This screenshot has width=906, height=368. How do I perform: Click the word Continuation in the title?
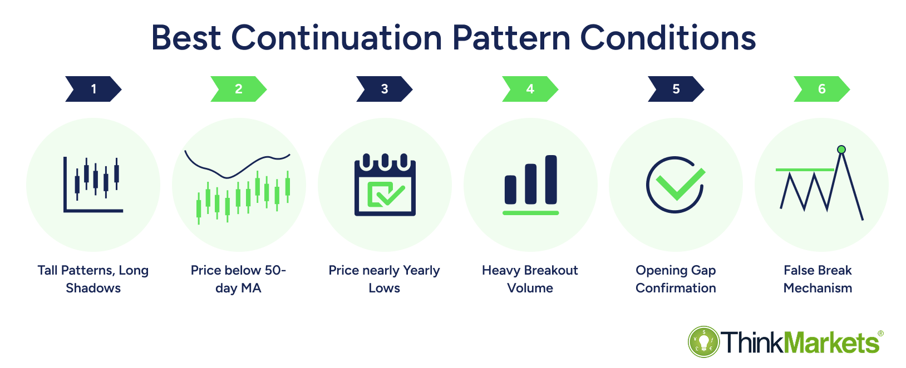tap(337, 38)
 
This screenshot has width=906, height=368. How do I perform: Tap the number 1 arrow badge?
tap(93, 89)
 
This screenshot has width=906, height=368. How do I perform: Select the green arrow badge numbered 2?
tap(239, 89)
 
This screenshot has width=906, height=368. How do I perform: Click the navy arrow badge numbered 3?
tap(384, 89)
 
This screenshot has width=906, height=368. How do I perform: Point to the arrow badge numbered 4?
tap(530, 89)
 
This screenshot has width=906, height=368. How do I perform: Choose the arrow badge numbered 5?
tap(676, 89)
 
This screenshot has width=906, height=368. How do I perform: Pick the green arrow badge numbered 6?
tap(822, 89)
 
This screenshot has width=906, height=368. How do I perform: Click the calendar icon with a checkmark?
tap(385, 185)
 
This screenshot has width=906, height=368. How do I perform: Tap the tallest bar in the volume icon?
tap(551, 180)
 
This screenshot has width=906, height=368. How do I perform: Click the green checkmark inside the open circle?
tap(680, 185)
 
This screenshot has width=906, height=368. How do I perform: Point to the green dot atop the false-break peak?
tap(841, 150)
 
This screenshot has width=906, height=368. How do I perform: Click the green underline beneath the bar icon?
tap(531, 213)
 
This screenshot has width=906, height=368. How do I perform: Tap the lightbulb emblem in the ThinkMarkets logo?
tap(704, 342)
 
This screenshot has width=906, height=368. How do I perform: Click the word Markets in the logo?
tap(831, 343)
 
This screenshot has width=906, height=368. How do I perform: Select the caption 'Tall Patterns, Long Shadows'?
tap(93, 279)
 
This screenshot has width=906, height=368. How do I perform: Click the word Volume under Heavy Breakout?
tap(530, 288)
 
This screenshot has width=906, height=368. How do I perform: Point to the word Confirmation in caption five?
tap(676, 288)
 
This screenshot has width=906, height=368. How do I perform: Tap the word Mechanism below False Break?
tap(818, 288)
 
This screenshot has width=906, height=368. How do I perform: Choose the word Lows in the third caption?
tap(384, 288)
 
